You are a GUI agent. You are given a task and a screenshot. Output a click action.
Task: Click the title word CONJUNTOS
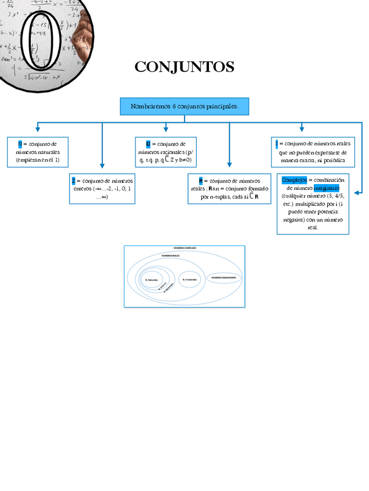click(184, 67)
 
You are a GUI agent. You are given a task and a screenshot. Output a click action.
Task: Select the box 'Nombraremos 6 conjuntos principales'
click(184, 107)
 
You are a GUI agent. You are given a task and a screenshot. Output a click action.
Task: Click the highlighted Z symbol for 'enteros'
click(73, 181)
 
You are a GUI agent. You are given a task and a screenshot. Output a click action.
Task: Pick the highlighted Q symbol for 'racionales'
click(148, 144)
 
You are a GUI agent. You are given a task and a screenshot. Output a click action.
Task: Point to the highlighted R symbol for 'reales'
click(200, 181)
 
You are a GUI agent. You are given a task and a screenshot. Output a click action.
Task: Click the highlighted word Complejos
click(294, 180)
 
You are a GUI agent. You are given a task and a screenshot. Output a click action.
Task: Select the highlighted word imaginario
click(327, 188)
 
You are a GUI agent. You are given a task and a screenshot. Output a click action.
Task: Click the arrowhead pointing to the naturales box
click(38, 129)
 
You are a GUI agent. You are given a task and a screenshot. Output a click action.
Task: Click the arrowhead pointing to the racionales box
click(166, 129)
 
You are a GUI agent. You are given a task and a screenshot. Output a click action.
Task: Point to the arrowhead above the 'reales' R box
click(230, 165)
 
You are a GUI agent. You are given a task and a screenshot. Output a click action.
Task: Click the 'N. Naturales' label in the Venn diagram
click(151, 280)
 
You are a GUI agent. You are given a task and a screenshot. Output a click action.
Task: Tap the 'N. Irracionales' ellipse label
click(190, 279)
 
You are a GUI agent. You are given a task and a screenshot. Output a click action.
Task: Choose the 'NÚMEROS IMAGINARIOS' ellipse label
click(224, 278)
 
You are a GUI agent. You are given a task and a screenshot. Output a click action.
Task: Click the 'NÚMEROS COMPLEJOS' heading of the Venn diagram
click(184, 248)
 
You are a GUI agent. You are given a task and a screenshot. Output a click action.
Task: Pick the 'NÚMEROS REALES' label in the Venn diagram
click(171, 255)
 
